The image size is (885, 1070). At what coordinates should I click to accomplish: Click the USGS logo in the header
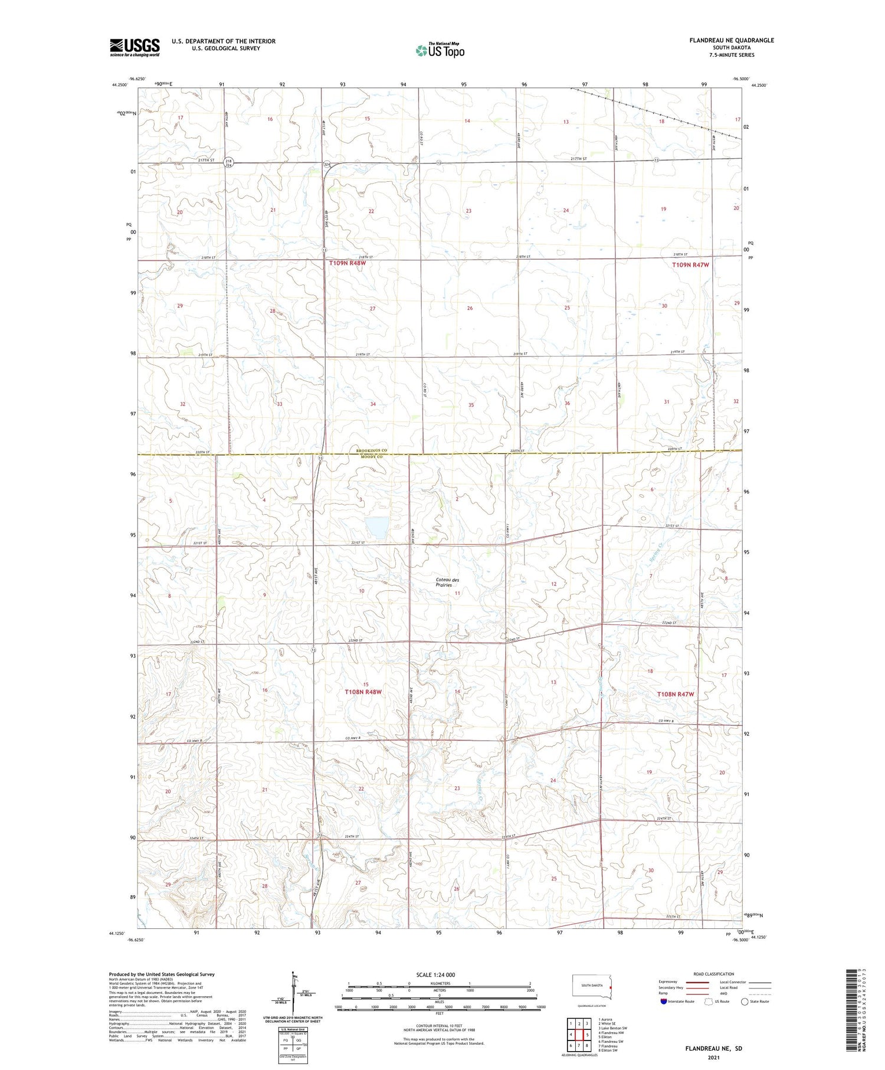click(x=135, y=47)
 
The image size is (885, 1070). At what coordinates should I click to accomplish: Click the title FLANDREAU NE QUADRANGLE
click(x=732, y=40)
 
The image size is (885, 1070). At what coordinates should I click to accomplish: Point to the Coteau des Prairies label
click(x=448, y=583)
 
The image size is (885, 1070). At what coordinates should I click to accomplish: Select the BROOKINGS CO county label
click(x=372, y=451)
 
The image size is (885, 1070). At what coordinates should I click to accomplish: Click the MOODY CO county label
click(x=372, y=457)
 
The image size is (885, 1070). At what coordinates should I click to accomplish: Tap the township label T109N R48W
click(x=348, y=263)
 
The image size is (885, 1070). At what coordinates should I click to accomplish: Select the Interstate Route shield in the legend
click(x=664, y=1002)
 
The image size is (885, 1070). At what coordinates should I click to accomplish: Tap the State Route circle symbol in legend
click(x=745, y=1002)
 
